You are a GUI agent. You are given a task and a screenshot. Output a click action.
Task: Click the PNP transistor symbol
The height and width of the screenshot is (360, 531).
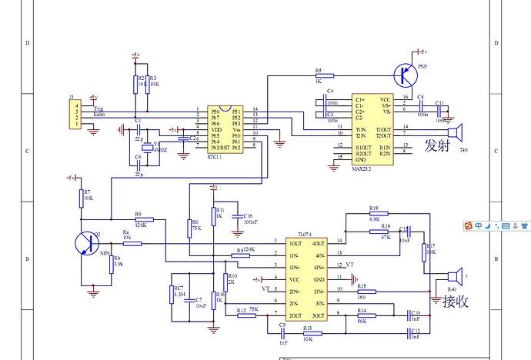pyautogui.click(x=403, y=75)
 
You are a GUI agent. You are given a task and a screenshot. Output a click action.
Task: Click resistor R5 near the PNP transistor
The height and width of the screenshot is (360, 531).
pyautogui.click(x=324, y=75)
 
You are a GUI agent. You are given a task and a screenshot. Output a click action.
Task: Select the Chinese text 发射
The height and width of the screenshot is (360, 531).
pyautogui.click(x=437, y=146)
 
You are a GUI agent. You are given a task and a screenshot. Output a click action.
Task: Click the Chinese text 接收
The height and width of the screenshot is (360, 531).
pyautogui.click(x=456, y=301)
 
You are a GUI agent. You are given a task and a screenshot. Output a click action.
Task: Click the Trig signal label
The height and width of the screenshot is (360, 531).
pyautogui.click(x=99, y=109)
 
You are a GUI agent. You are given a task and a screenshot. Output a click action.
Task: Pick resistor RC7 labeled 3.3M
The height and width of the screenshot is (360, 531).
pyautogui.click(x=172, y=295)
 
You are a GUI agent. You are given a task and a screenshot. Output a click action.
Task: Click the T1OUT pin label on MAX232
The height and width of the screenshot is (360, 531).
pyautogui.click(x=383, y=128)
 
